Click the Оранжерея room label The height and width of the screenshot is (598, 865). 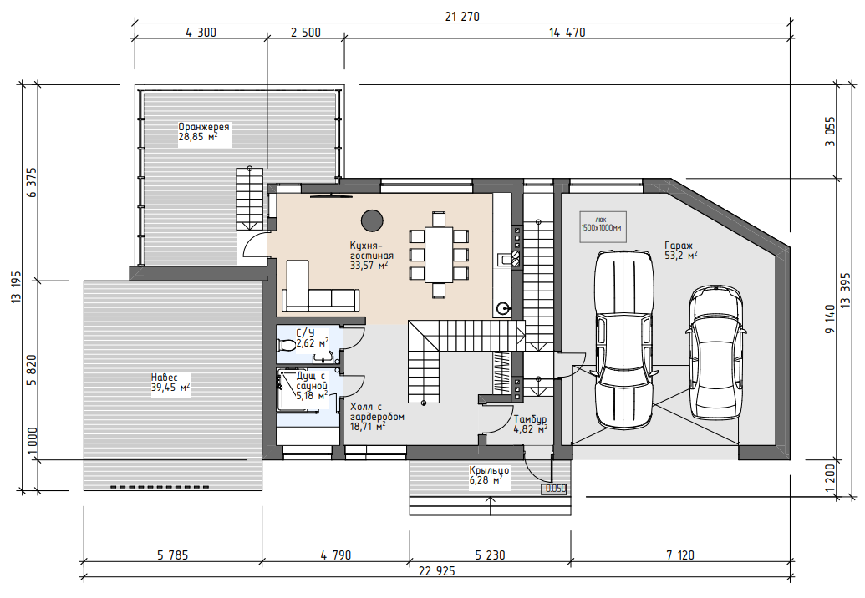pos(204,132)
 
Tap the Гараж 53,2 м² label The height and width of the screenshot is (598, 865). pos(681,251)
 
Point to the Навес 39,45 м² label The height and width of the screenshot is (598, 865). pos(170,383)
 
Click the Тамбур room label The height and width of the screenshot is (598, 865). pos(530,423)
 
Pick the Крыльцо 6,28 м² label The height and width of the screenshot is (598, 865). pos(489,475)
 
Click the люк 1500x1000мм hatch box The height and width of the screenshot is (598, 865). pos(603,226)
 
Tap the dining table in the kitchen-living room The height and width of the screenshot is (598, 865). pos(439,254)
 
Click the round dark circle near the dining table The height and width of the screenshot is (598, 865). pos(372,220)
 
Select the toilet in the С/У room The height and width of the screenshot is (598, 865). pos(287,346)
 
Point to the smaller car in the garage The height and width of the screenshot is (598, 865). pos(716,351)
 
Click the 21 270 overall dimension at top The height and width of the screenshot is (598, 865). pos(462,17)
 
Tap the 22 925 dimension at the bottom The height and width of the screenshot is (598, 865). pos(437,571)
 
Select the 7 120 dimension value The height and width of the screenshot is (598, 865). pos(680,555)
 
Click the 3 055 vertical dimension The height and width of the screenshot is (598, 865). pos(830,132)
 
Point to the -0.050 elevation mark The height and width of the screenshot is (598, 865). pos(553,489)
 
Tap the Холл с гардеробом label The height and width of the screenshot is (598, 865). pos(377,417)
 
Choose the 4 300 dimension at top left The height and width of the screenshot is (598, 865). pos(201,33)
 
